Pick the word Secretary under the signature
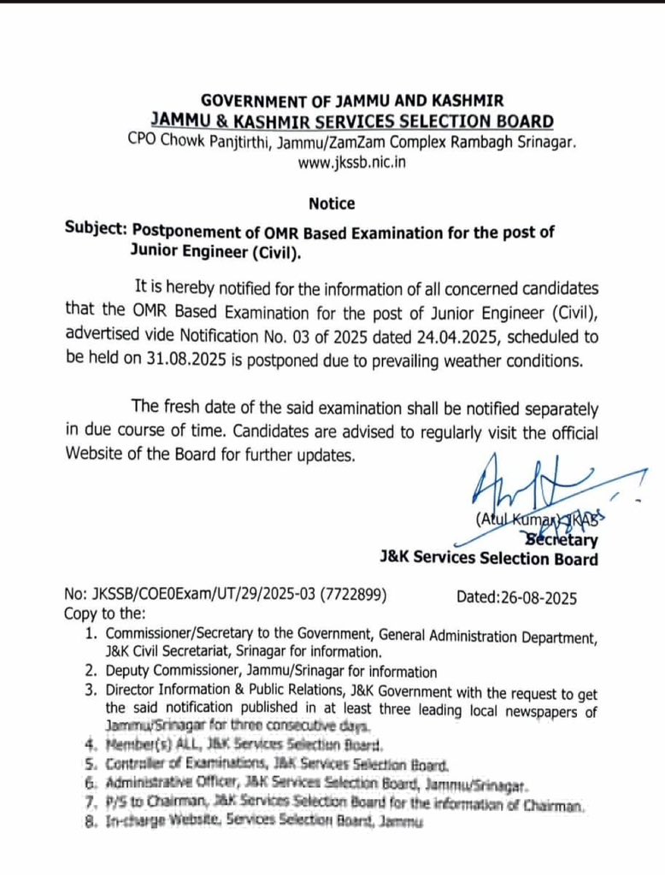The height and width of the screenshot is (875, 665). click(562, 539)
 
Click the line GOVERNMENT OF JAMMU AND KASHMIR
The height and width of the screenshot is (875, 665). click(352, 101)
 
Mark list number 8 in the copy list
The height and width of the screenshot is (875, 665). click(91, 822)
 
